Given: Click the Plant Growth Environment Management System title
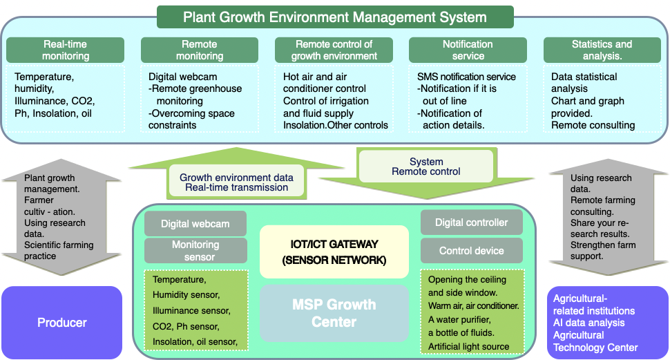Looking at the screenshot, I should pyautogui.click(x=335, y=17).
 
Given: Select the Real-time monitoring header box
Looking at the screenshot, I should pyautogui.click(x=66, y=50).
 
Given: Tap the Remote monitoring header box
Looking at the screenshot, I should pyautogui.click(x=200, y=50).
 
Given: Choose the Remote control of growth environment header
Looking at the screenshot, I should pyautogui.click(x=334, y=50).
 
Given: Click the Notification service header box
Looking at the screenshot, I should pyautogui.click(x=468, y=50).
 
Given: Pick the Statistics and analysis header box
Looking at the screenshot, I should pyautogui.click(x=602, y=50).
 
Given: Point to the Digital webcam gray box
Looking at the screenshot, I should pyautogui.click(x=195, y=224).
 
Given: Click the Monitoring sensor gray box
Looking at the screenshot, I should pyautogui.click(x=195, y=251).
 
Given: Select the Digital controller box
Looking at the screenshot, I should pyautogui.click(x=471, y=222).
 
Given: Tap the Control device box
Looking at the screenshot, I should pyautogui.click(x=471, y=251).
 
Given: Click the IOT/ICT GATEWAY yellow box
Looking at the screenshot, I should pyautogui.click(x=334, y=252).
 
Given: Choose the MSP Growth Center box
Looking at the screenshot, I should pyautogui.click(x=334, y=313).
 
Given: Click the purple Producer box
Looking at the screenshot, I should pyautogui.click(x=61, y=322).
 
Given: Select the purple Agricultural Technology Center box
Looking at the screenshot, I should pyautogui.click(x=608, y=322).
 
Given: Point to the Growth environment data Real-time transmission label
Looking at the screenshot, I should pyautogui.click(x=236, y=182).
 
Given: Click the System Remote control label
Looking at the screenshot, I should pyautogui.click(x=426, y=167).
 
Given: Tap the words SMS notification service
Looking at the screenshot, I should pyautogui.click(x=466, y=77).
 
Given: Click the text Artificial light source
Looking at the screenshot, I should pyautogui.click(x=468, y=346).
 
